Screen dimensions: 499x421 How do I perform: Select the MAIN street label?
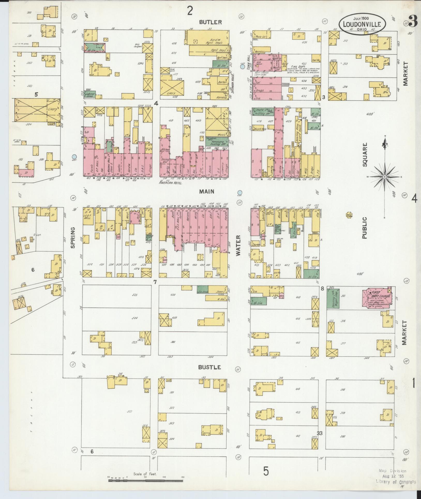207,191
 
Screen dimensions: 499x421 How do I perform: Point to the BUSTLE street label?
209,367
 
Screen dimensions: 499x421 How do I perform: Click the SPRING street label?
73,238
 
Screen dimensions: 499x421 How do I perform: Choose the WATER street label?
238,245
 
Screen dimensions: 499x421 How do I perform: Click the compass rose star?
384,177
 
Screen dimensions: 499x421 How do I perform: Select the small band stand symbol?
349,215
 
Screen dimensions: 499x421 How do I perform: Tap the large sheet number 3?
413,22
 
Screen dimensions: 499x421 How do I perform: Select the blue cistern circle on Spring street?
74,157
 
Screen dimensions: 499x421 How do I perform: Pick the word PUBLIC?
365,228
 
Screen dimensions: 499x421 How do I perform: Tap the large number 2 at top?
190,11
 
